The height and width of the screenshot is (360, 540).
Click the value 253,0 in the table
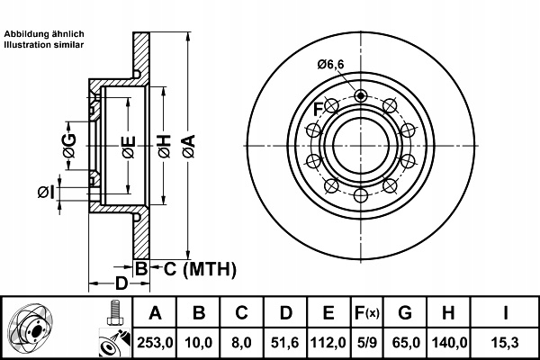point(154,341)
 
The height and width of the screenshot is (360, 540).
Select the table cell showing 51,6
point(285,341)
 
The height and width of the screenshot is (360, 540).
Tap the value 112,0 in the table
point(328,341)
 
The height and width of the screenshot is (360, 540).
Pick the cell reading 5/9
point(366,341)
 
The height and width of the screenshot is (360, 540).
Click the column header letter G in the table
point(405,313)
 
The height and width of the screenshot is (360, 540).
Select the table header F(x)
point(366,313)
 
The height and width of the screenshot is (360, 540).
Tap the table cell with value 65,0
point(405,341)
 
